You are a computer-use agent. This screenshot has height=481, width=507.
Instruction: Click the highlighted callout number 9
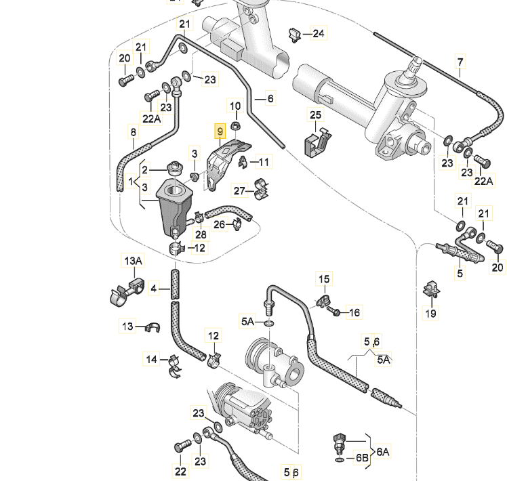coord(219,131)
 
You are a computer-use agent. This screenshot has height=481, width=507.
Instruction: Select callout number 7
coord(460,64)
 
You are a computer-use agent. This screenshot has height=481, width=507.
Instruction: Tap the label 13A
coord(133,261)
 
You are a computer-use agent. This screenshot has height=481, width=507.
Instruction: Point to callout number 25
coord(315,115)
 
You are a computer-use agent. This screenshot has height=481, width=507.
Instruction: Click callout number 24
coord(318,33)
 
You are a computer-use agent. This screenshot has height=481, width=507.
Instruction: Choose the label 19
coord(431,313)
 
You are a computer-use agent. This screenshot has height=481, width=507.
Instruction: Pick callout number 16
coord(354,312)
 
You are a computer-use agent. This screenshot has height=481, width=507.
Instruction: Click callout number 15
coord(324,279)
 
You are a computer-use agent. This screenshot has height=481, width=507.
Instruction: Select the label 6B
coord(361,458)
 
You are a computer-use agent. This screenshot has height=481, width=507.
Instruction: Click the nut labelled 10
coord(235,126)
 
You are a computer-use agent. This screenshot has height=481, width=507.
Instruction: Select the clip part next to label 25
coord(317,140)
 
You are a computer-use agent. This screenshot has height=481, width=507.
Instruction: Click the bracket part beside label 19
coord(430,290)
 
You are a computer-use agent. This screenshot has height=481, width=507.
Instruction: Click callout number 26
coord(219,225)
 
